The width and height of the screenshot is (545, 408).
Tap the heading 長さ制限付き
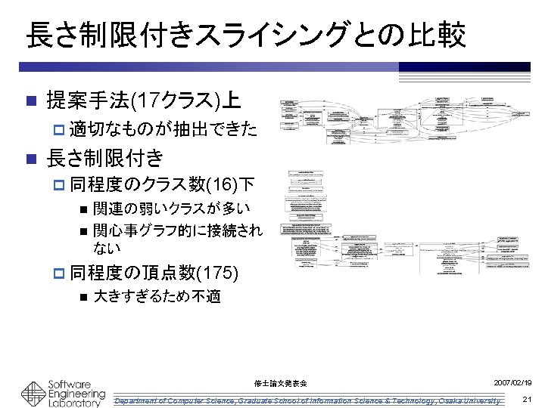coord(105,158)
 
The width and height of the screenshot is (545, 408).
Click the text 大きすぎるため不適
coord(157,296)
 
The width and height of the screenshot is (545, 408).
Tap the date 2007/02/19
coord(513,383)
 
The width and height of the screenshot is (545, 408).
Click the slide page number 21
coord(528,399)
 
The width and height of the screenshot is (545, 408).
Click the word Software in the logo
coord(70,383)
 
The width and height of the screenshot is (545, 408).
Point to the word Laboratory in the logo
coord(73,403)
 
